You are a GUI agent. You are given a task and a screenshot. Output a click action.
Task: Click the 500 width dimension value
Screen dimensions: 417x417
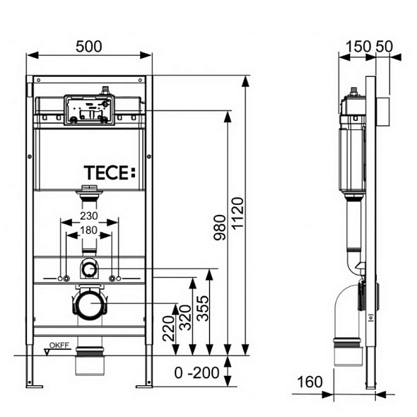click(x=89, y=45)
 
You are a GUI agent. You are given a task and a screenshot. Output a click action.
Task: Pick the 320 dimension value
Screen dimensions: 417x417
click(x=184, y=317)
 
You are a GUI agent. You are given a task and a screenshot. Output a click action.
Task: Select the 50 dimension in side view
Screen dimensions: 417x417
click(x=384, y=45)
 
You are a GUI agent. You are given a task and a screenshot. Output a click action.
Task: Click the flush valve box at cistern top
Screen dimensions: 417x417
click(x=89, y=110)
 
